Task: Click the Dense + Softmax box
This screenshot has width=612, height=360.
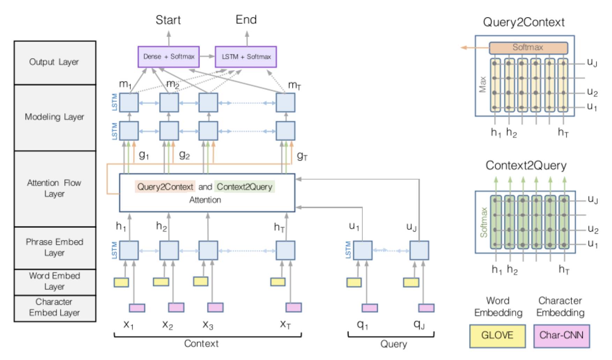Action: (x=169, y=57)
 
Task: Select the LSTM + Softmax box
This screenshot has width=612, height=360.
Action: (x=246, y=57)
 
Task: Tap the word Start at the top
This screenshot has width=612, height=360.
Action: (x=168, y=20)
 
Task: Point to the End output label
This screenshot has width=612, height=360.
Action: (x=246, y=20)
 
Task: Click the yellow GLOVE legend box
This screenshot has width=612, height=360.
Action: (x=497, y=336)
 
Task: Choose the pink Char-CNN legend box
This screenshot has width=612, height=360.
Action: (x=561, y=336)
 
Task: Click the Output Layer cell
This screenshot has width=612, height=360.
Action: (x=55, y=62)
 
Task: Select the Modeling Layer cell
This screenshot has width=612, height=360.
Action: (x=55, y=117)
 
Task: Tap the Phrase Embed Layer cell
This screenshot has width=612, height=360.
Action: (x=55, y=247)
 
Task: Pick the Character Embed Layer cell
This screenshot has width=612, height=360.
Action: (x=55, y=308)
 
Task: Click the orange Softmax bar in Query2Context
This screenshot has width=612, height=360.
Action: (x=528, y=48)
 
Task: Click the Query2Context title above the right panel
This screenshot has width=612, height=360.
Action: (x=523, y=22)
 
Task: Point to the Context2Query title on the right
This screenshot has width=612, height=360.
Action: (x=526, y=165)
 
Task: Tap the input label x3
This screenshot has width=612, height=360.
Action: (x=208, y=325)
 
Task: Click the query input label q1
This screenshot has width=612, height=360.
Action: (x=362, y=325)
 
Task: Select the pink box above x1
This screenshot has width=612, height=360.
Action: (x=137, y=308)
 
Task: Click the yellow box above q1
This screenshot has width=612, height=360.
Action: (x=354, y=282)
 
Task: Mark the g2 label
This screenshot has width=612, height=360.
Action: (x=184, y=155)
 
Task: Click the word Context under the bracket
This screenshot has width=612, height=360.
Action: (x=201, y=344)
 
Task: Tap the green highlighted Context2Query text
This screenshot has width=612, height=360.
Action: (x=245, y=187)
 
